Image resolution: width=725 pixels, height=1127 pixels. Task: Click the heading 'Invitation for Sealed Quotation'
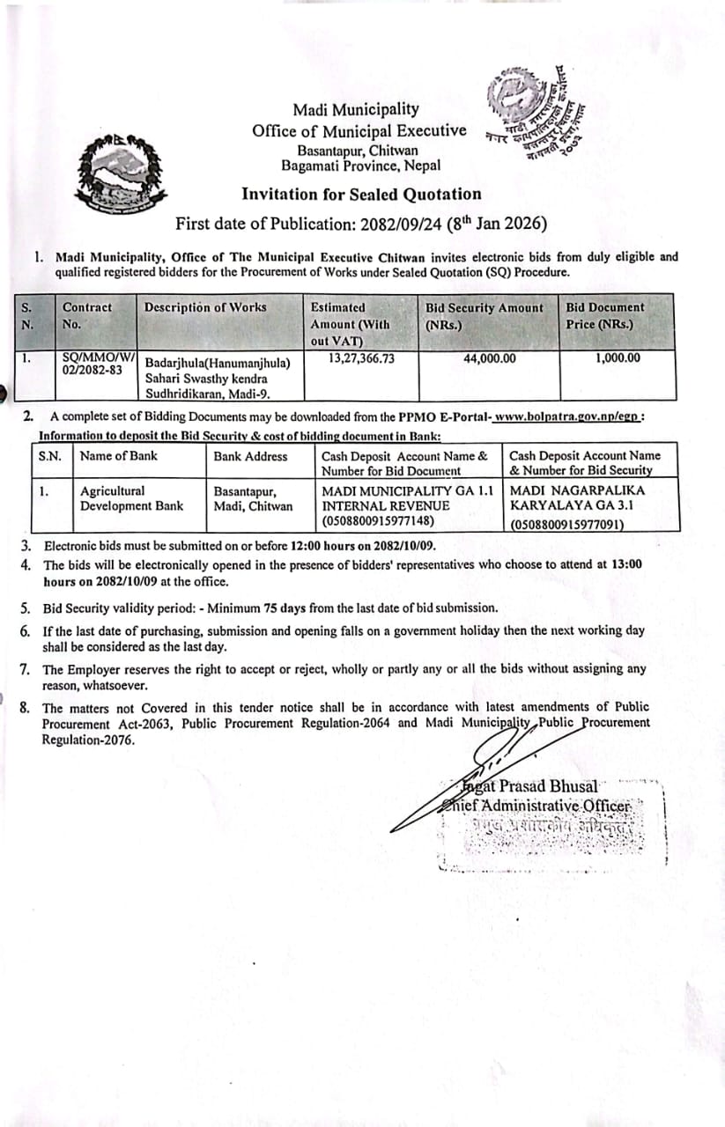pyautogui.click(x=361, y=194)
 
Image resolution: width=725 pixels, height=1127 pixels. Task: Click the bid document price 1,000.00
pyautogui.click(x=616, y=358)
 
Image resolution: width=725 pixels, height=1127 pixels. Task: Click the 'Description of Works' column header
pyautogui.click(x=205, y=307)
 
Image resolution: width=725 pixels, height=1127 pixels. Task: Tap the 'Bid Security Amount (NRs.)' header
pyautogui.click(x=485, y=315)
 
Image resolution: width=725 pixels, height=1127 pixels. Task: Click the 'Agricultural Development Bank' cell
pyautogui.click(x=131, y=497)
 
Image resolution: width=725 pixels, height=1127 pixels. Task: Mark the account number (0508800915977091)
pyautogui.click(x=567, y=526)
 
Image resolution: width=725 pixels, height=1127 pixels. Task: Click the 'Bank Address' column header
pyautogui.click(x=250, y=456)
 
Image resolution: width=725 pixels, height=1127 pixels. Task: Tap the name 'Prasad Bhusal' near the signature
pyautogui.click(x=546, y=786)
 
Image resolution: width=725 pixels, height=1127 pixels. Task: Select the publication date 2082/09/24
pyautogui.click(x=401, y=224)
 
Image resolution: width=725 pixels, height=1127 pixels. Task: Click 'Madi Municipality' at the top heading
pyautogui.click(x=356, y=110)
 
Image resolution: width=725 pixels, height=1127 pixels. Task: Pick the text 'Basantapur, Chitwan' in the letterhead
pyautogui.click(x=357, y=151)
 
